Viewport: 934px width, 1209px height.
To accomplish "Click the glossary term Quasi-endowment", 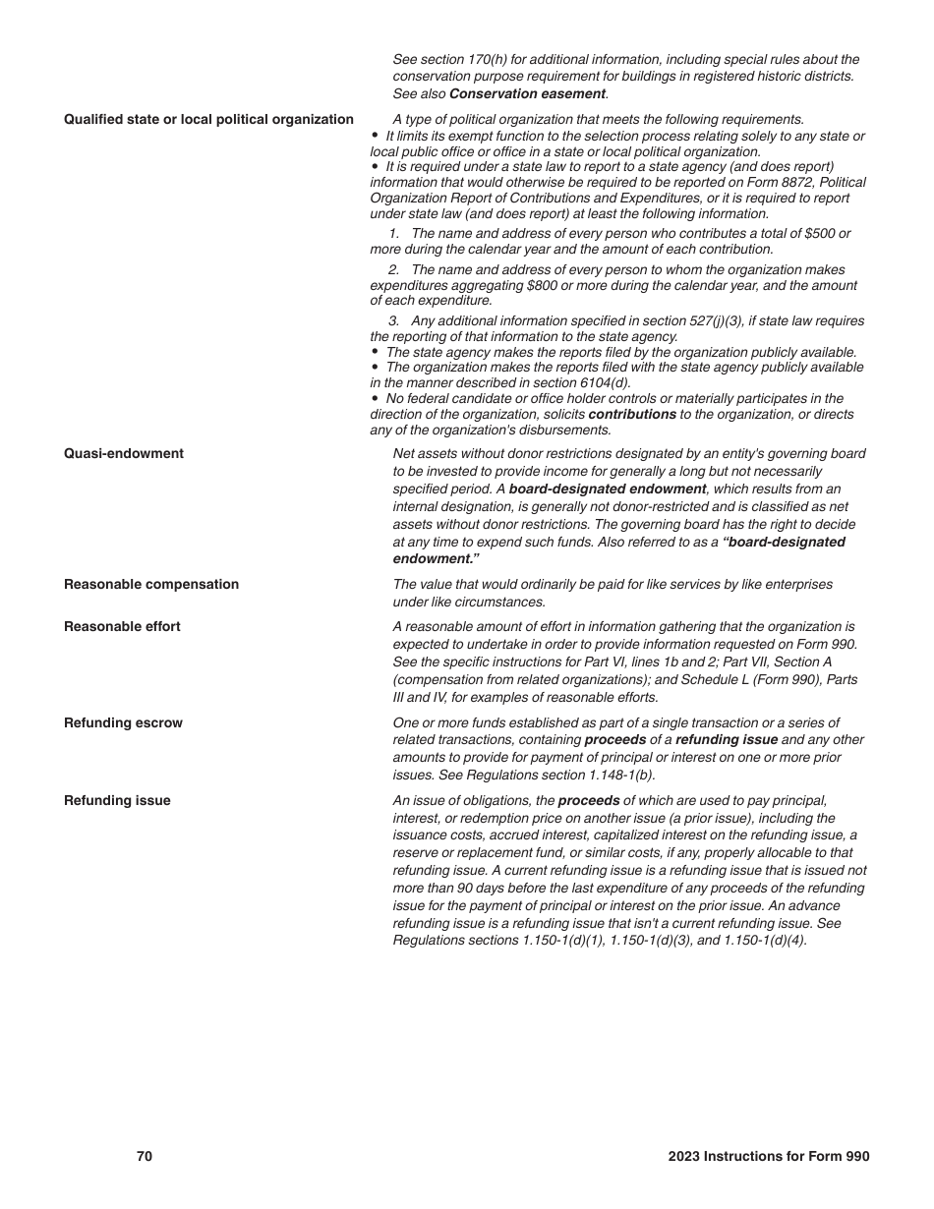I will (124, 454).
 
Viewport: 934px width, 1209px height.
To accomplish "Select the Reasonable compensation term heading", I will (151, 585).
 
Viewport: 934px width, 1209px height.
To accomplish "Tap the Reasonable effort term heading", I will (122, 627).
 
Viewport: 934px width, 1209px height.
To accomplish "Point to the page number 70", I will (145, 1157).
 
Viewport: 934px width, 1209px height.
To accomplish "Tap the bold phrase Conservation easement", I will (527, 94).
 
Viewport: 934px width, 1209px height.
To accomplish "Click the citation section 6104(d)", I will (588, 383).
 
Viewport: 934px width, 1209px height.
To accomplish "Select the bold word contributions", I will (632, 415).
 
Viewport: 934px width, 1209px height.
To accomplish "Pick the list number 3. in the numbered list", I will (393, 321).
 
